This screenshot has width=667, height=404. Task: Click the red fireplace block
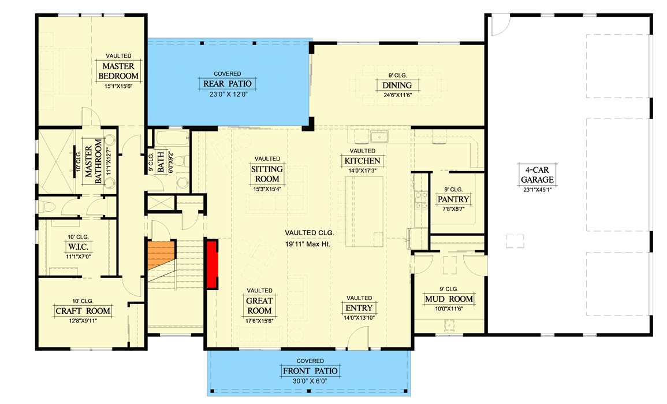click(211, 264)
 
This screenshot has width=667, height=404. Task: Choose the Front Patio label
click(310, 370)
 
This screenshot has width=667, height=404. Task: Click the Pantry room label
click(453, 199)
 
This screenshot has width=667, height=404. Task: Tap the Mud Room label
click(449, 299)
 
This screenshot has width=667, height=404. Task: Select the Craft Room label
click(83, 311)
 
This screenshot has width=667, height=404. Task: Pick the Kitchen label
click(362, 161)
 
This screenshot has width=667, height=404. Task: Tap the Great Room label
click(259, 306)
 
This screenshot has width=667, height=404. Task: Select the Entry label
click(359, 307)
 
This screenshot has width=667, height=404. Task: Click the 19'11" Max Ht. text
click(310, 244)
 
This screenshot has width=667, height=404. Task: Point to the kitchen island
click(364, 212)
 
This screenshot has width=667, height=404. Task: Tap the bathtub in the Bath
click(171, 140)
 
